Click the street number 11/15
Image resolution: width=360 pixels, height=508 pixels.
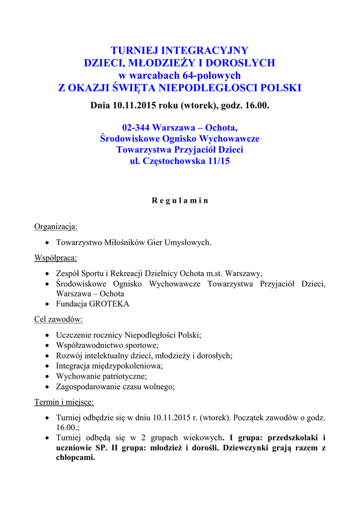[217, 161]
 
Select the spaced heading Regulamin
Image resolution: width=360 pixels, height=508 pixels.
[180, 201]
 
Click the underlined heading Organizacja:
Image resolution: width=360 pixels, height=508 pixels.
[56, 227]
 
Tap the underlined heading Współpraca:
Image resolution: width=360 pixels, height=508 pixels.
[56, 258]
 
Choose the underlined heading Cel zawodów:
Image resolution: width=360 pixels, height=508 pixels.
[58, 319]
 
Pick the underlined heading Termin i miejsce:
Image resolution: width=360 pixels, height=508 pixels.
[64, 402]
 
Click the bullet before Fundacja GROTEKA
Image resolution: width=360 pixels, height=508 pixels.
[47, 304]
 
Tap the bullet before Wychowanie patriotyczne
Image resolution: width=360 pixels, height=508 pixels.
[47, 376]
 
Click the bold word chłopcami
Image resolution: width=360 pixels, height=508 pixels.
[75, 457]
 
